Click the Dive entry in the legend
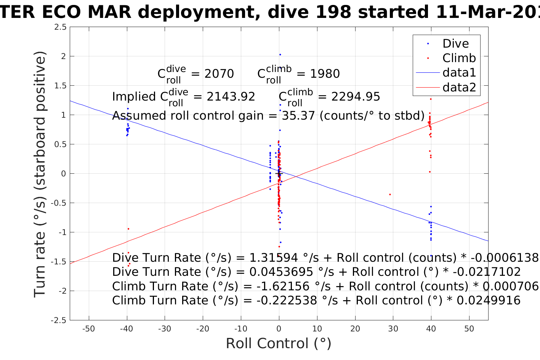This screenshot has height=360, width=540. click(455, 43)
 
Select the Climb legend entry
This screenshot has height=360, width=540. click(459, 58)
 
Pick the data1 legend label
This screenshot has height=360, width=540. click(459, 72)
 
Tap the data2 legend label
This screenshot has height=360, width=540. click(459, 87)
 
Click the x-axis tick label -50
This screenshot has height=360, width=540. click(88, 329)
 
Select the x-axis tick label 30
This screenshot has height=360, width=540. click(393, 329)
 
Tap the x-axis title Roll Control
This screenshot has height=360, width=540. click(279, 344)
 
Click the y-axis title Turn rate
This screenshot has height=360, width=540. click(40, 174)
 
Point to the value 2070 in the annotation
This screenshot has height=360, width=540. click(219, 74)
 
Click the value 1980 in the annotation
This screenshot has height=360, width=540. click(325, 74)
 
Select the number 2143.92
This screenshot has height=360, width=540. click(231, 97)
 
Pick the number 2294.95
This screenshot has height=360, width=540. click(356, 97)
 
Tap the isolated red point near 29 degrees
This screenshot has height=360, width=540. click(390, 194)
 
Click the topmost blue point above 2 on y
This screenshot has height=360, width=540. click(280, 54)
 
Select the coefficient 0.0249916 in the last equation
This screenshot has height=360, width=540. click(489, 301)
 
